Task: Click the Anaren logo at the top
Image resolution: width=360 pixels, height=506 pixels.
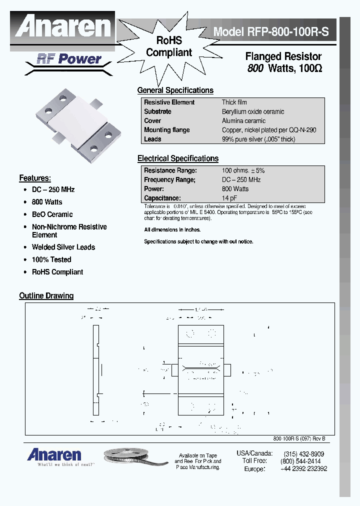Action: [x=63, y=26]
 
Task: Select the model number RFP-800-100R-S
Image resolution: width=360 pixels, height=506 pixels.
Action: [x=271, y=32]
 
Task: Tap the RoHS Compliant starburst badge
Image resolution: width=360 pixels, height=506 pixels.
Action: [x=169, y=46]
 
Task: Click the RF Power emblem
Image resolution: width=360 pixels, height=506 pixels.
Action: [x=69, y=59]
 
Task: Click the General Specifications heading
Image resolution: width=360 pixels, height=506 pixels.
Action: [x=175, y=90]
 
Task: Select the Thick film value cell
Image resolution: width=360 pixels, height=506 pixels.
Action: [x=234, y=102]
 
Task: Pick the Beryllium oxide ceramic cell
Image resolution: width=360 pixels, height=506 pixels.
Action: [x=253, y=111]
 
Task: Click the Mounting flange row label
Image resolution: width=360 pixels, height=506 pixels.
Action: [x=166, y=130]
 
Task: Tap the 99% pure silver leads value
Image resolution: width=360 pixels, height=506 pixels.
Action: [x=258, y=139]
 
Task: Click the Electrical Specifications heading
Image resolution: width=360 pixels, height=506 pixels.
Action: [x=177, y=158]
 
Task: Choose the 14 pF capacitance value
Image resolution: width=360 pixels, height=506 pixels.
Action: [x=230, y=198]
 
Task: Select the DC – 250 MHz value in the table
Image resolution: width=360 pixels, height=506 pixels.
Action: [x=241, y=179]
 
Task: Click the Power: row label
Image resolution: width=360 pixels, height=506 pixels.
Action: [x=154, y=189]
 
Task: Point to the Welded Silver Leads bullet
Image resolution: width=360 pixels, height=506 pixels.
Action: [x=63, y=247]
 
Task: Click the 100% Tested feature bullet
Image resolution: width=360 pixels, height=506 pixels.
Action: [x=51, y=259]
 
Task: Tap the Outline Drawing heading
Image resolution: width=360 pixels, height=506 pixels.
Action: [x=46, y=295]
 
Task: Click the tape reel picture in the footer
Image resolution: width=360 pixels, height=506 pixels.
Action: [x=135, y=456]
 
